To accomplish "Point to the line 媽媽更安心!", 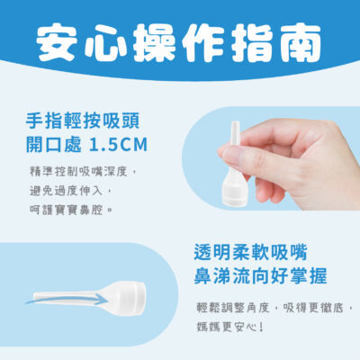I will pos(230,328).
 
